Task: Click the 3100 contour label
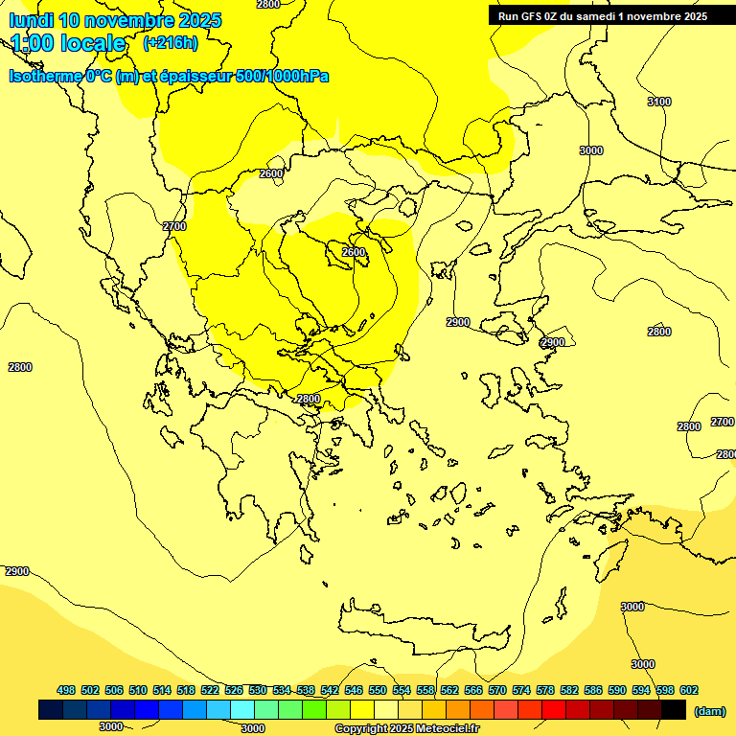pos(659,102)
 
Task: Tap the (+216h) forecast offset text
pos(171,42)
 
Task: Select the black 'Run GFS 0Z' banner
pos(602,15)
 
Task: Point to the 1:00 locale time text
pos(69,43)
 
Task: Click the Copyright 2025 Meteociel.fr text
pos(406,728)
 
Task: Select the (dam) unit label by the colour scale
pos(709,710)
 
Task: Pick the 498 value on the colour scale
pos(66,690)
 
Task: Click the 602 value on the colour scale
pos(689,690)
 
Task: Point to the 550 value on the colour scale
pos(378,690)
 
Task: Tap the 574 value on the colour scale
pos(521,690)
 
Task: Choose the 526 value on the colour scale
pos(234,690)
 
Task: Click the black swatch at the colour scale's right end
pos(674,710)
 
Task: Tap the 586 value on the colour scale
pos(593,690)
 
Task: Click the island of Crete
pos(422,628)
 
